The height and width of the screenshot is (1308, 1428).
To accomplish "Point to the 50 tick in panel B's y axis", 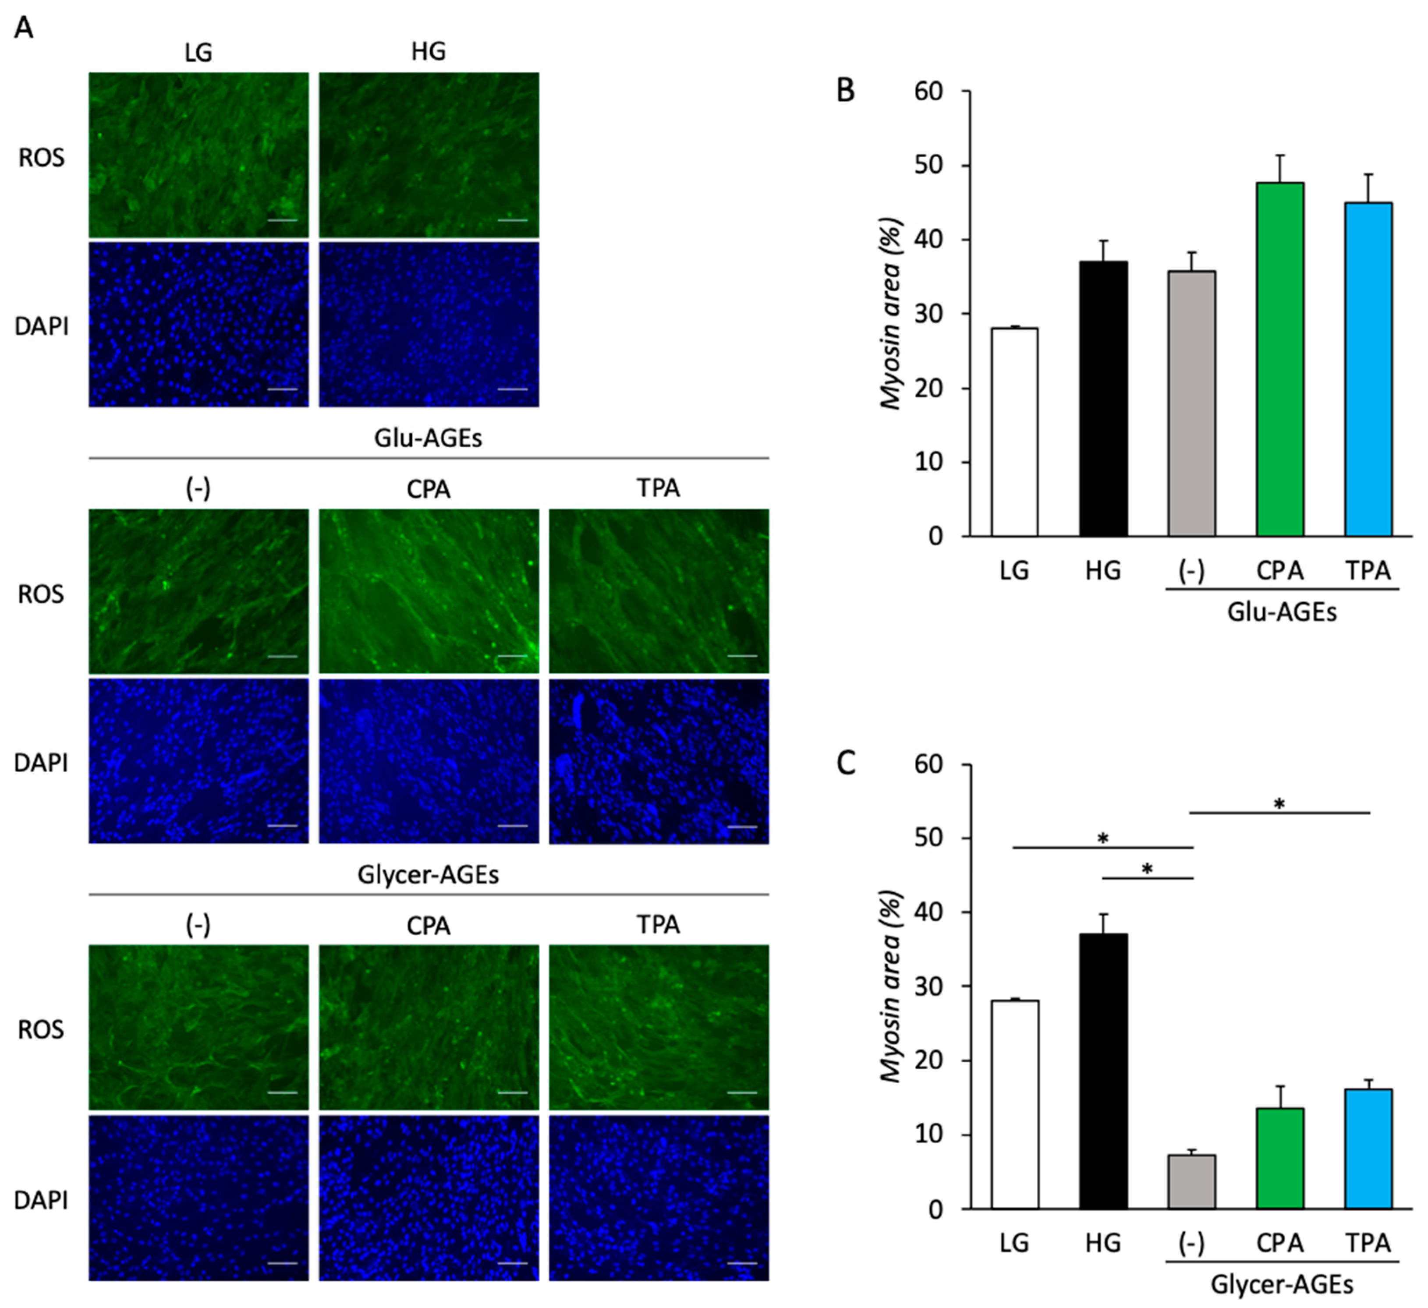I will click(x=934, y=166).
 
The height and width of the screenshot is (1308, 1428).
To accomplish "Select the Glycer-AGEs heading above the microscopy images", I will click(x=428, y=875).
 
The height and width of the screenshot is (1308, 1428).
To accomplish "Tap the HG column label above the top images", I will click(x=428, y=51).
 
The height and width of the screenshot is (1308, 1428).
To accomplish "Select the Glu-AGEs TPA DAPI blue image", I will click(x=658, y=761).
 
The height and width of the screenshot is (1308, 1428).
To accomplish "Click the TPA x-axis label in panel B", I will click(x=1368, y=570).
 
